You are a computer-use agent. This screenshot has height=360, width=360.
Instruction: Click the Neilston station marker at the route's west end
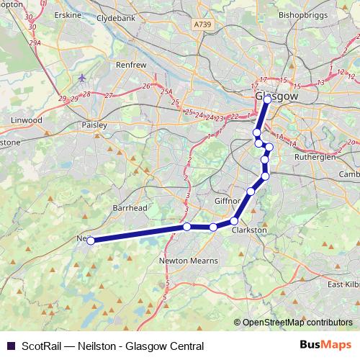click(91, 241)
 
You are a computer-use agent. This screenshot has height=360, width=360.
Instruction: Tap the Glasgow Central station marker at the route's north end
click(266, 101)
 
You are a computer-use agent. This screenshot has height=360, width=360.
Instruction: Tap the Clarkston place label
click(249, 230)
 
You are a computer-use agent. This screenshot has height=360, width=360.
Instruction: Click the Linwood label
click(27, 120)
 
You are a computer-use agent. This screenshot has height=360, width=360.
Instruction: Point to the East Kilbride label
click(343, 284)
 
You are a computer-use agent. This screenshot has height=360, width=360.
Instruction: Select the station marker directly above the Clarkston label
click(234, 221)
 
